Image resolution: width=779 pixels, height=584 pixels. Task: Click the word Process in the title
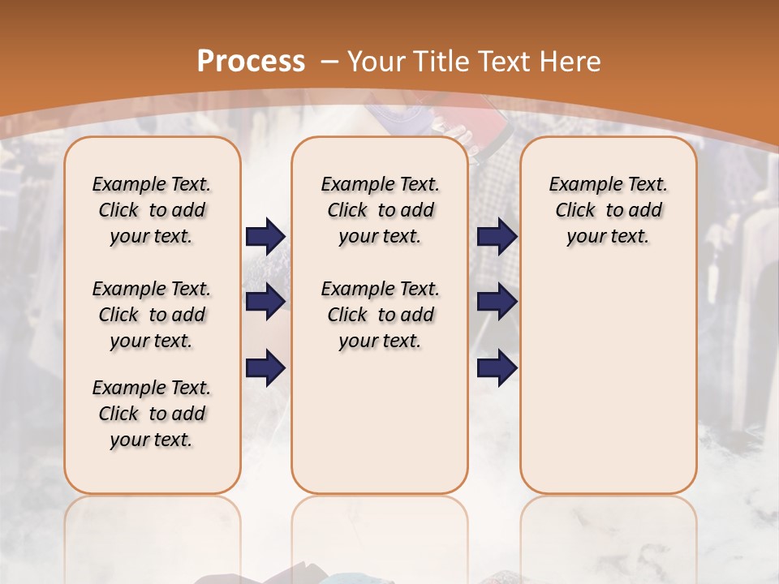coord(251,62)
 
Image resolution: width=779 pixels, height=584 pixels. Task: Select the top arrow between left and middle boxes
coord(265,236)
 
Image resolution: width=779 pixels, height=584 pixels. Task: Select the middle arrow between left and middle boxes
coord(265,302)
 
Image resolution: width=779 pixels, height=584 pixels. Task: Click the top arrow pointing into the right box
coord(497,236)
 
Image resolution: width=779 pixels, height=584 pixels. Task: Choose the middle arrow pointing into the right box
coord(497,302)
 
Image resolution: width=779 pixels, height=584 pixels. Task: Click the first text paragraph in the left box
coord(152,210)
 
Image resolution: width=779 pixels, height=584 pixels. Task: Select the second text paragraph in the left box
coord(152,315)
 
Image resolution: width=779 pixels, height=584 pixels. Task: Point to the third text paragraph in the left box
coord(152,414)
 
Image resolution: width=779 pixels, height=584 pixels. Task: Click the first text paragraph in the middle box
coord(380,210)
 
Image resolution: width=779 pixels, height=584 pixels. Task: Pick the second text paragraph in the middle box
coord(380,315)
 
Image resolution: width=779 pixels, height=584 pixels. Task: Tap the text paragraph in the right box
coord(608,210)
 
